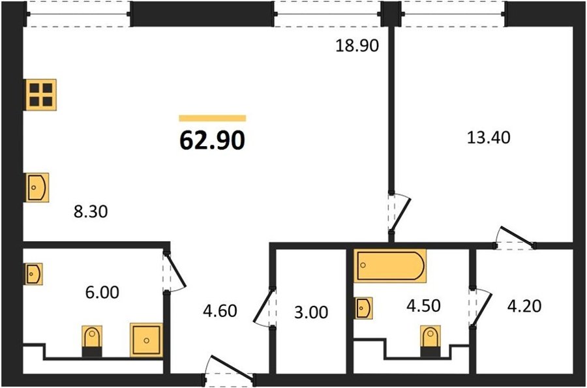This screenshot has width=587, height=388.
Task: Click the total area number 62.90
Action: pos(212,140)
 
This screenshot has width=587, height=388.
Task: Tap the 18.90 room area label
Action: pos(357,46)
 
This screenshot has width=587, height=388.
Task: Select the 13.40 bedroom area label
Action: pos(489,138)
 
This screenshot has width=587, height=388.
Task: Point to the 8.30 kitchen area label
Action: pos(91,211)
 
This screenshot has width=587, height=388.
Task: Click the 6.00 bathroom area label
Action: pos(102,292)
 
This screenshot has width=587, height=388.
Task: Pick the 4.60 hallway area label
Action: pos(220,311)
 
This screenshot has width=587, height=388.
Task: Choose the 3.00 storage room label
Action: pos(311,312)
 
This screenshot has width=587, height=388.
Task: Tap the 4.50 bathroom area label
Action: pos(423,306)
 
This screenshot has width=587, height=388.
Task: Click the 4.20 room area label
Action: pos(524,306)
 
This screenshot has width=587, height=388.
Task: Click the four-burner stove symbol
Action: pos(41,95)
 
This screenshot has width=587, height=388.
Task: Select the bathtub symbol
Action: pos(390,265)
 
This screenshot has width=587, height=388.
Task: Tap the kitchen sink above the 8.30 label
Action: pos(37,187)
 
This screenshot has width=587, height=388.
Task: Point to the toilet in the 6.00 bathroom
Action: pos(92,341)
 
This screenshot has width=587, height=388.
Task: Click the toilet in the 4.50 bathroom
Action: pos(430,341)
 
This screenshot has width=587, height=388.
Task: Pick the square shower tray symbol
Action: pos(146,340)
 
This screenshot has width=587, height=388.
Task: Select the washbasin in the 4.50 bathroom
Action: pos(363,308)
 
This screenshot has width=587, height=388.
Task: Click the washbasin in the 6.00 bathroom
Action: pos(34,274)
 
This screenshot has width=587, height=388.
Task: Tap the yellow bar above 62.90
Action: pos(212,118)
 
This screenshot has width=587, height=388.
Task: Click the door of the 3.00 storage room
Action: pos(265,306)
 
